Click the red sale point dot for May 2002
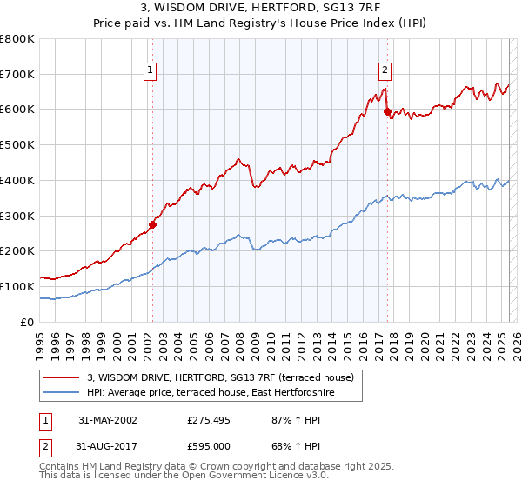click(x=152, y=224)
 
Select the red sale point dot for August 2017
click(x=387, y=111)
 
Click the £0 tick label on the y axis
click(x=27, y=322)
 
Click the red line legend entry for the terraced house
click(x=220, y=377)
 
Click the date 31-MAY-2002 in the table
click(x=107, y=420)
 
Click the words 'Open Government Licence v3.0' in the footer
click(x=246, y=477)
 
